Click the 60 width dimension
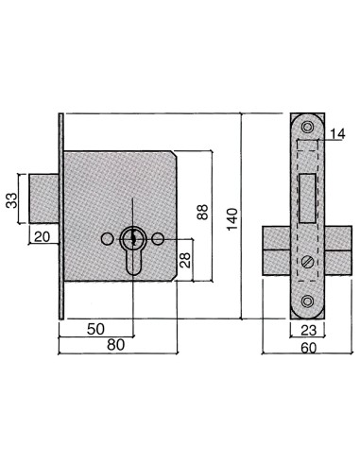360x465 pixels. (307, 348)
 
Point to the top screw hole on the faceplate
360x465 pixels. (307, 127)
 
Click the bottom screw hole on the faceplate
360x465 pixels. (307, 301)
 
